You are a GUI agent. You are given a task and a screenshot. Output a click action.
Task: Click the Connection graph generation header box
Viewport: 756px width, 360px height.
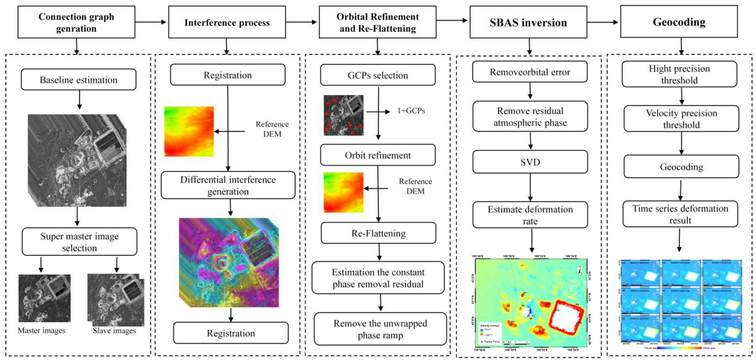(x=76, y=22)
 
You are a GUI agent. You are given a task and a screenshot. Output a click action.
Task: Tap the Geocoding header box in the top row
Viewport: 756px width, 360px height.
(x=679, y=22)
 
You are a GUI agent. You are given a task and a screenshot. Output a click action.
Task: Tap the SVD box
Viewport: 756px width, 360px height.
(x=530, y=162)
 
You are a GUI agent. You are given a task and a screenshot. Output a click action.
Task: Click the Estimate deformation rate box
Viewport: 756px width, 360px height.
(x=530, y=215)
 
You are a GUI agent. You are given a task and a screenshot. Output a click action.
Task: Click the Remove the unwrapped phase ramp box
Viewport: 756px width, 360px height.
(x=380, y=329)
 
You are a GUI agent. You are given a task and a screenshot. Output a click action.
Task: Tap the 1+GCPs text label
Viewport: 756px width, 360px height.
(x=411, y=111)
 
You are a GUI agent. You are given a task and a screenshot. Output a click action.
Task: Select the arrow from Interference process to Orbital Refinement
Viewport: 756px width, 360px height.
(x=302, y=22)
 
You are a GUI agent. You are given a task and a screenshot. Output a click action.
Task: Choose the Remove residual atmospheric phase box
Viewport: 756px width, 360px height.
(x=530, y=117)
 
